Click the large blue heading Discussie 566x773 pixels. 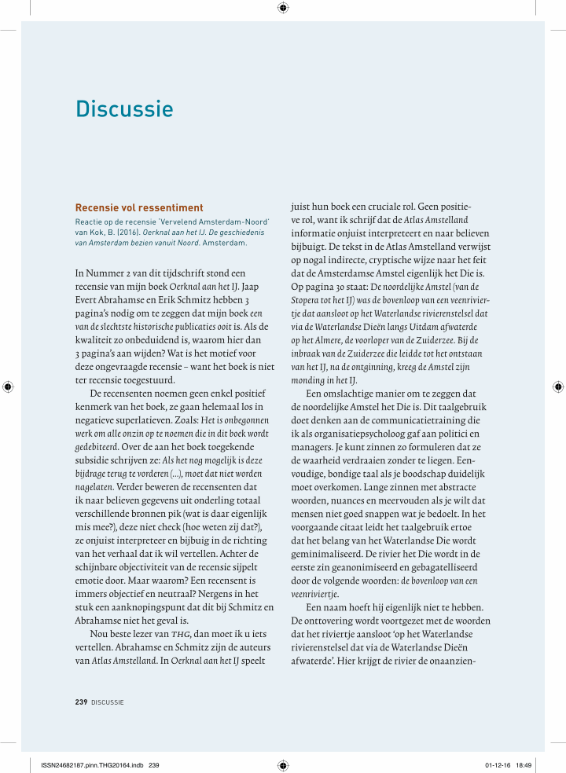[124, 108]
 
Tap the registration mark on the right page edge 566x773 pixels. [557, 386]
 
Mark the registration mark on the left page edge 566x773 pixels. [8, 386]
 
